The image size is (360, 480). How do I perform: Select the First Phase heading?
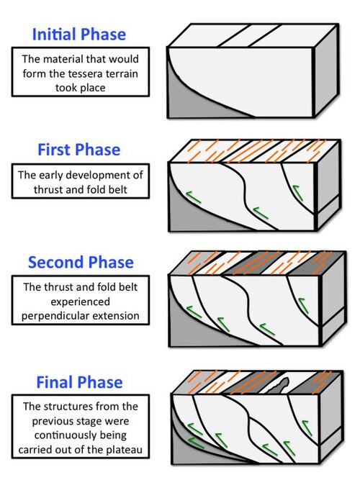78,150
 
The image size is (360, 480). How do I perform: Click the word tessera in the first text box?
86,74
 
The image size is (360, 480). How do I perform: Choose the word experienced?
80,302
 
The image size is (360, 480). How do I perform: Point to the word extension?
116,316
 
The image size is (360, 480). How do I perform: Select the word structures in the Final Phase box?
71,407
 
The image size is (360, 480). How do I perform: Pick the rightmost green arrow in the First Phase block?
297,191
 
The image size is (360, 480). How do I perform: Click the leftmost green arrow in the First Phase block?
194,197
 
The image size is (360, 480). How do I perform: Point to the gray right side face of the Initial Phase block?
327,71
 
